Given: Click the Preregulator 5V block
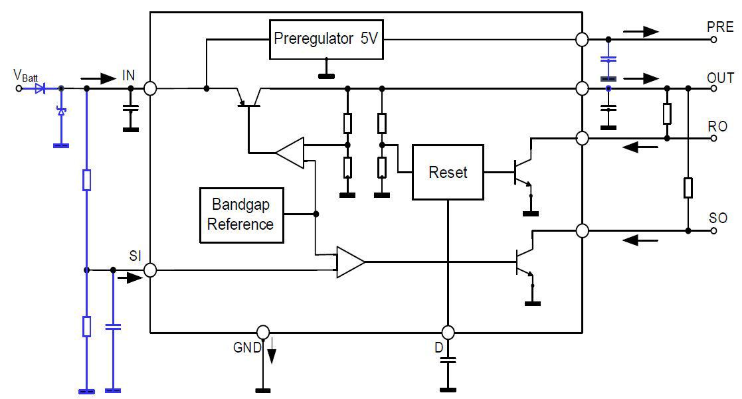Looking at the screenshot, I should pyautogui.click(x=325, y=39).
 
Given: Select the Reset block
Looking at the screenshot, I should pyautogui.click(x=448, y=173).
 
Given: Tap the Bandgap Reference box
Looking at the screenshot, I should pyautogui.click(x=240, y=214).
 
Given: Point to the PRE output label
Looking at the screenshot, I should pyautogui.click(x=720, y=27).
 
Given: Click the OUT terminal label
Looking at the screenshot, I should pyautogui.click(x=720, y=78).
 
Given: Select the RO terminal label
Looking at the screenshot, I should pyautogui.click(x=717, y=126).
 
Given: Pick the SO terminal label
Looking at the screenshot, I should pyautogui.click(x=718, y=218).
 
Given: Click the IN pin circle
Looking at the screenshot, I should pyautogui.click(x=150, y=88).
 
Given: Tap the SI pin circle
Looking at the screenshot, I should pyautogui.click(x=150, y=270).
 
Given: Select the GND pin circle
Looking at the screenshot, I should pyautogui.click(x=263, y=331).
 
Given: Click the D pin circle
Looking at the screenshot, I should pyautogui.click(x=448, y=331).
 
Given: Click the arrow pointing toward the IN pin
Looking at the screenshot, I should pyautogui.click(x=100, y=78).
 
